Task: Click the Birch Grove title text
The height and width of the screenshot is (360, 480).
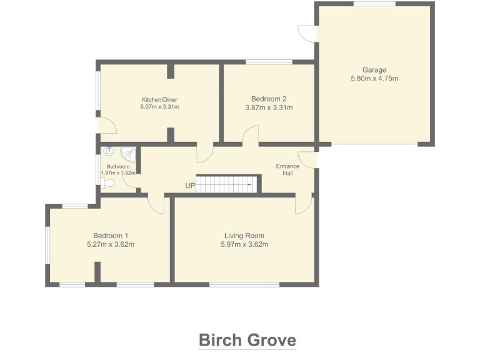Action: [247, 340]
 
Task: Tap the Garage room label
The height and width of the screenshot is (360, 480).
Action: [374, 70]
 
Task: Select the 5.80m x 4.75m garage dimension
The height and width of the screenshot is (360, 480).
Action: [374, 79]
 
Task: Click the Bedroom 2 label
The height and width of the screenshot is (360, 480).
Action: [269, 99]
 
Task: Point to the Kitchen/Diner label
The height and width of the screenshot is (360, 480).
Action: [159, 99]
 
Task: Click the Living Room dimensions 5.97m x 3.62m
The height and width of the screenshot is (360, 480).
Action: [244, 244]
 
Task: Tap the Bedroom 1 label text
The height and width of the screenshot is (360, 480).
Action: [110, 236]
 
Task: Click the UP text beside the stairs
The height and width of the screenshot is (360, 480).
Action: [190, 186]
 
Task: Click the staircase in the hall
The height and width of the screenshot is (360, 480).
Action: [226, 182]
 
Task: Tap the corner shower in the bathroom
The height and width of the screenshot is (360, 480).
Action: [130, 154]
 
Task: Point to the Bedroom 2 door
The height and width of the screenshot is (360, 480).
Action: [250, 135]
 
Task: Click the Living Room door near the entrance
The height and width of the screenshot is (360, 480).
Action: [304, 204]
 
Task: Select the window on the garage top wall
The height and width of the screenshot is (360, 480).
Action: [374, 4]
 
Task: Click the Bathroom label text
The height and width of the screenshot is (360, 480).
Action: [117, 167]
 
